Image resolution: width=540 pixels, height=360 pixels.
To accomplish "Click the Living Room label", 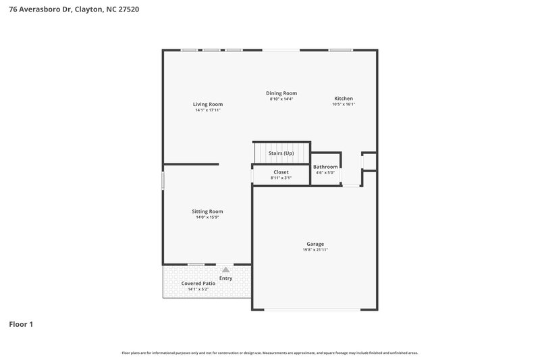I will point(207,105).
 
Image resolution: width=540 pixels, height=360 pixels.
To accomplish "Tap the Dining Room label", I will point(281,93).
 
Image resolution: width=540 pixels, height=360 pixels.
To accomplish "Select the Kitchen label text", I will point(344,99).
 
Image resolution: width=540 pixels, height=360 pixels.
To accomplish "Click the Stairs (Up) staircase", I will point(281,153).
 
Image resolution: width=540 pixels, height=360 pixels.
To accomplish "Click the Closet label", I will point(281,172).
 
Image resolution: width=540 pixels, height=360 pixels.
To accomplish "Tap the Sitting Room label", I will point(207,211).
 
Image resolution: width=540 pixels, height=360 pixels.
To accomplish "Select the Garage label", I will point(315,244).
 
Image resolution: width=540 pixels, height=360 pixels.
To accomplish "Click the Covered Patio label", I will point(198,283).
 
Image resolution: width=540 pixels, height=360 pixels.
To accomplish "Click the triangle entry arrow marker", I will point(225,269).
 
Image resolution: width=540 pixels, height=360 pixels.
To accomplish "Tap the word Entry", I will point(225,278).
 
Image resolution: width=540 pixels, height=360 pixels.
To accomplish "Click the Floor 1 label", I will point(21,325).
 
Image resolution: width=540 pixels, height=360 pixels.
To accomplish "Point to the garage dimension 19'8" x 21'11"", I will point(315,250).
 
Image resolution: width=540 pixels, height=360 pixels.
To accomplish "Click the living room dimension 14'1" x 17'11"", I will point(207,110).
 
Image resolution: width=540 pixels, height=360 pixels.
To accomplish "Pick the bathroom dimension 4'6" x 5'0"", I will point(325,173).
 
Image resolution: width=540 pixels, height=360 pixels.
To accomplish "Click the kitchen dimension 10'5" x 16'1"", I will point(344,104).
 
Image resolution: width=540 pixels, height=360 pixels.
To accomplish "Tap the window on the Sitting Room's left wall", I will point(163,180).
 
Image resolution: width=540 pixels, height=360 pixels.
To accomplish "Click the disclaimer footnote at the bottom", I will point(270,353).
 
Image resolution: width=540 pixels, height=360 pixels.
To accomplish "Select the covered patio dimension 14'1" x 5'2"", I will point(198,289).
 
